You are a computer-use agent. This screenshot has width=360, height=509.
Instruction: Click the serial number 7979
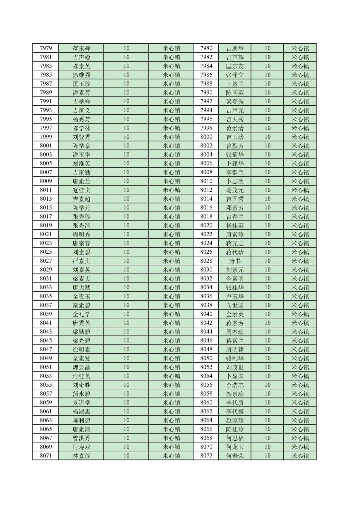tap(46, 48)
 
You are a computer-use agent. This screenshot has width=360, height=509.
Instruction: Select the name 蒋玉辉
tap(81, 48)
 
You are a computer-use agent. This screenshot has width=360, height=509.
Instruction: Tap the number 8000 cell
tap(206, 137)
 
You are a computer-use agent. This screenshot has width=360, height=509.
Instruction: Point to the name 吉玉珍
tap(235, 137)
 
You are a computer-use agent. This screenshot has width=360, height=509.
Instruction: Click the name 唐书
tap(235, 261)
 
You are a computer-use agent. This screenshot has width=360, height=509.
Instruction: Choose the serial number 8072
tap(206, 456)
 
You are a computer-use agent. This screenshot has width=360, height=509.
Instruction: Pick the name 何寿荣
tap(235, 456)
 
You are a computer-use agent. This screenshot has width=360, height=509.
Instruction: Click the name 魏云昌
tap(81, 367)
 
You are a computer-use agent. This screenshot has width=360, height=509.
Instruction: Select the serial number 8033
tap(46, 287)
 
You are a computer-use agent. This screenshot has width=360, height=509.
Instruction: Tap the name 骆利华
tap(235, 358)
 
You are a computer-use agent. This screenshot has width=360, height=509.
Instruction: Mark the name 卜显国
tap(235, 376)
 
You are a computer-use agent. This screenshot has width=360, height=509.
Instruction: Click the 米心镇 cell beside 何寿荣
tap(300, 456)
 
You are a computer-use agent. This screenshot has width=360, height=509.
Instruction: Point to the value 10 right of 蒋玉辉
tap(126, 48)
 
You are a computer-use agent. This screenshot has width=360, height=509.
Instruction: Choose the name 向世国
tap(235, 305)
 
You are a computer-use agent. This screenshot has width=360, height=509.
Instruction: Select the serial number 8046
tap(206, 340)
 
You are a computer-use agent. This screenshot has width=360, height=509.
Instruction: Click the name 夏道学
tap(81, 402)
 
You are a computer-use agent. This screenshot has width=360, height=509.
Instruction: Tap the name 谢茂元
tap(235, 190)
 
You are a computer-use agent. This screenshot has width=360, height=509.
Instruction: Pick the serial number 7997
tap(46, 128)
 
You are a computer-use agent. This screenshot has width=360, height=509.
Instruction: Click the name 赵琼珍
tap(235, 420)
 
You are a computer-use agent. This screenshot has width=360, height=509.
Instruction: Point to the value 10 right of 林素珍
tap(126, 456)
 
